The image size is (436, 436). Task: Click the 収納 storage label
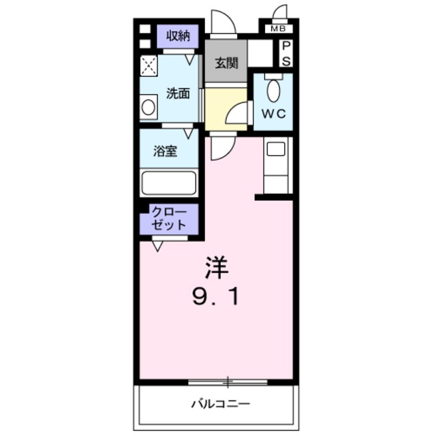(x=178, y=34)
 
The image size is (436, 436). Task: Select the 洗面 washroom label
(x=178, y=93)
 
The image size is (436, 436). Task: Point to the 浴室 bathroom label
(x=166, y=151)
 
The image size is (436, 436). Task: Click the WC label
(x=274, y=113)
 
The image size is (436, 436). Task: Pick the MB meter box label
(x=277, y=29)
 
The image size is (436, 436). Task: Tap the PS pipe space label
(x=286, y=53)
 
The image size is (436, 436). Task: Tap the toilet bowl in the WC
(x=273, y=91)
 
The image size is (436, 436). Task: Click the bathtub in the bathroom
(x=168, y=183)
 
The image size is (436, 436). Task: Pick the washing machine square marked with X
(x=149, y=65)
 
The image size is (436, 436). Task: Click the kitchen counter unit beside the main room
(x=277, y=166)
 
